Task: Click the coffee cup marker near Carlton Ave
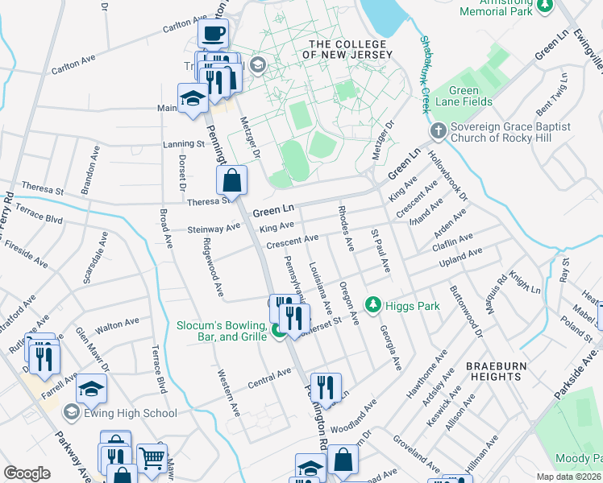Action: coord(214,34)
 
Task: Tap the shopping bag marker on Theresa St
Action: coord(232,182)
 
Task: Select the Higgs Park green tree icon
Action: coord(372,304)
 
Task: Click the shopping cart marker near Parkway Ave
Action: coord(152,460)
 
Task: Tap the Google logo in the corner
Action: coord(27,473)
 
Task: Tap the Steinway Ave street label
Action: coord(214,228)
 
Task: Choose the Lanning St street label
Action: coord(183,144)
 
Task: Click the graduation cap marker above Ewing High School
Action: coord(92,390)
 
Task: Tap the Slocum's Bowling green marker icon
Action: coord(278,330)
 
